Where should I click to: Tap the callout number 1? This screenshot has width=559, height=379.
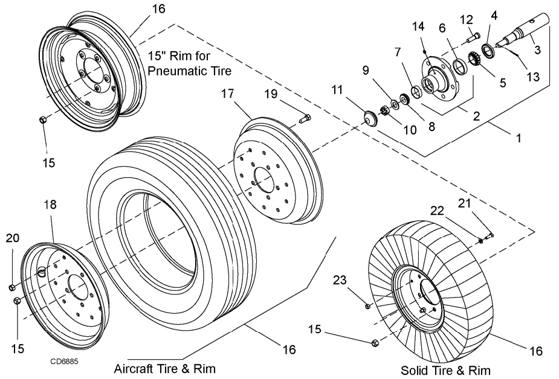point(518,138)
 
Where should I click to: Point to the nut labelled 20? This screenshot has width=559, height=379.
point(13,287)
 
